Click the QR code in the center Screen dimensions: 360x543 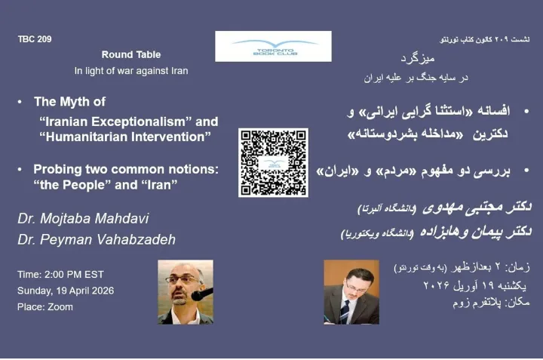[x=273, y=162]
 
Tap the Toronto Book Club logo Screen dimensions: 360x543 [x=272, y=46]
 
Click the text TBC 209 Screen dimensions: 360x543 [x=35, y=38]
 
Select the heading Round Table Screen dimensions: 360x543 [x=131, y=55]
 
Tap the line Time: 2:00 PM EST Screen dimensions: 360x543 [x=61, y=273]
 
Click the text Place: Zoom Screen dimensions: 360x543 [x=46, y=306]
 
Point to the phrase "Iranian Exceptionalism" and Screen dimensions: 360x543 [x=129, y=121]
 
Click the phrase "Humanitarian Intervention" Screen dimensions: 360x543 [x=125, y=137]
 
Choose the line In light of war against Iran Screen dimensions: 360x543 [x=131, y=72]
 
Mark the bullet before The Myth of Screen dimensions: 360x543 [x=20, y=102]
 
